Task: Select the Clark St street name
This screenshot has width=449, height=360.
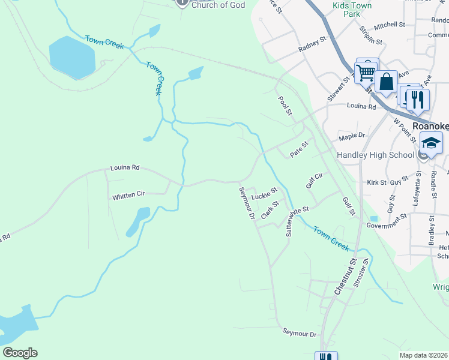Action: [x=271, y=211]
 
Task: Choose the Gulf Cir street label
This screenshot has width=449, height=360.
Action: [x=315, y=179]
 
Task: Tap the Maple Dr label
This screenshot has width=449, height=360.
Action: [x=352, y=137]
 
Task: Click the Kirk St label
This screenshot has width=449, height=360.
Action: [x=376, y=181]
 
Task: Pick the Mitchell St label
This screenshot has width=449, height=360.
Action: [x=390, y=25]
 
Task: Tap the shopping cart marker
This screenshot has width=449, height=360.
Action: [x=366, y=73]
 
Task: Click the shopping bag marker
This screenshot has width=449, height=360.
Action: [x=387, y=82]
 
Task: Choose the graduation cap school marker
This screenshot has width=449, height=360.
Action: [x=430, y=144]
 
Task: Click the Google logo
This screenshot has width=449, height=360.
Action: [x=20, y=353]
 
